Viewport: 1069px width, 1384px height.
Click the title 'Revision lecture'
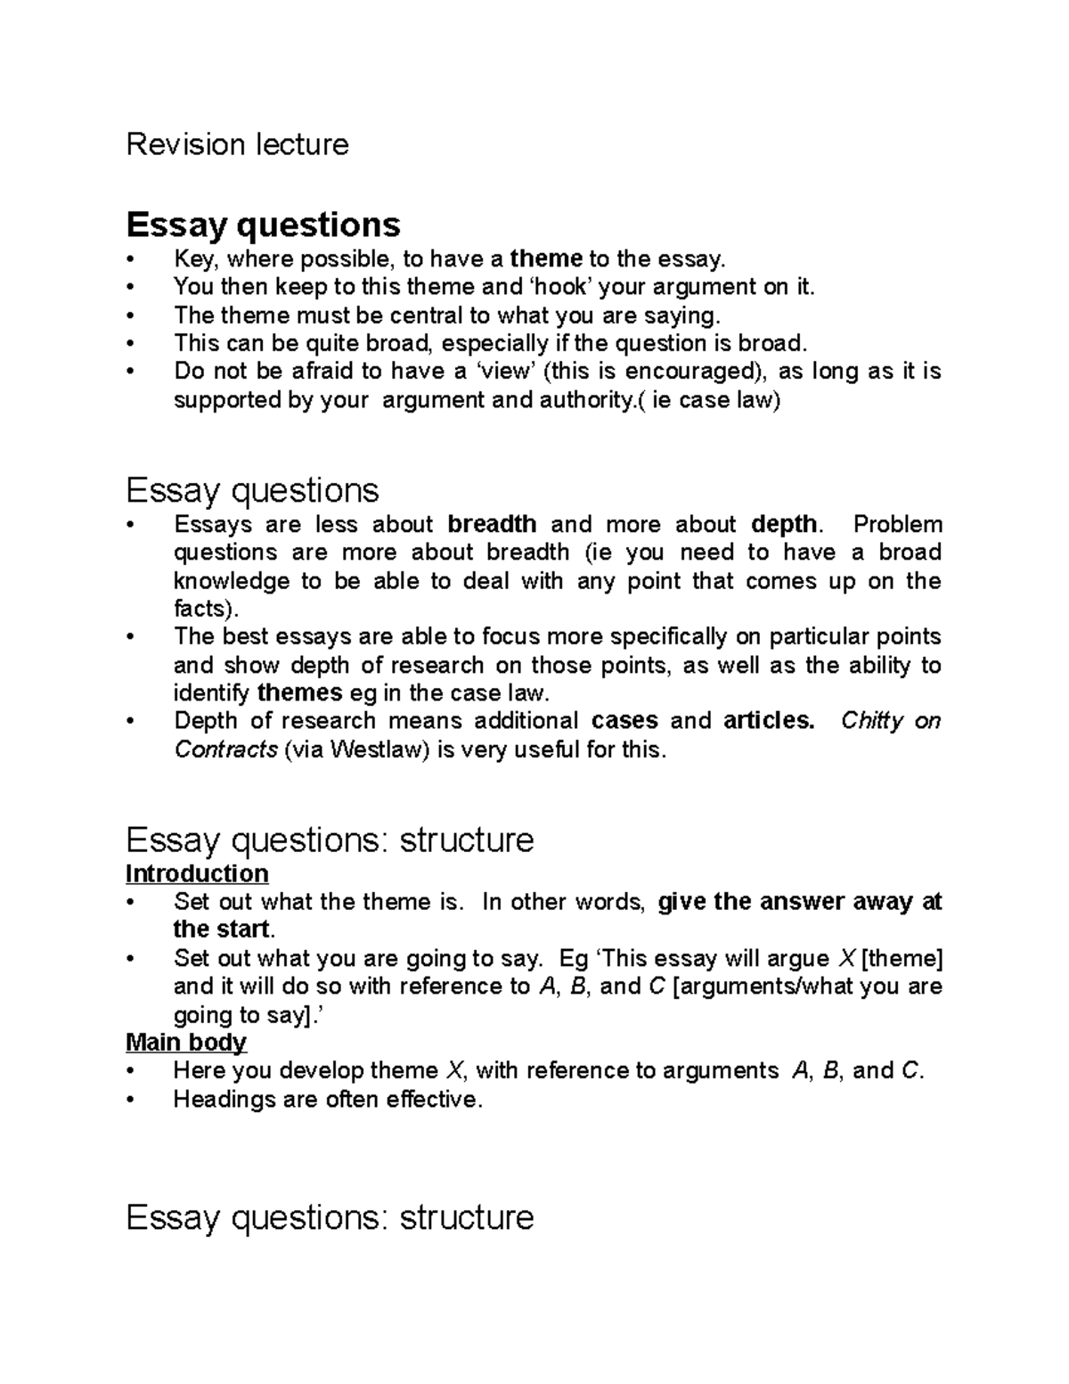(237, 144)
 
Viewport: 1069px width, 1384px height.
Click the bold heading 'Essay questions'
(263, 224)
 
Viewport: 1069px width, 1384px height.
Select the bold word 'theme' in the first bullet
(546, 259)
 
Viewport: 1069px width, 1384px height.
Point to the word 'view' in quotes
(504, 372)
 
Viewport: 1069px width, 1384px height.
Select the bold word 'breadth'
(492, 524)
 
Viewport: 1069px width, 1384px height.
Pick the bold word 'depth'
(784, 524)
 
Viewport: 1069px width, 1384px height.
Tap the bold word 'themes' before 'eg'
(299, 692)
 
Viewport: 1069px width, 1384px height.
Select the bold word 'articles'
(769, 720)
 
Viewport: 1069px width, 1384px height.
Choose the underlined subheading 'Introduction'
(197, 873)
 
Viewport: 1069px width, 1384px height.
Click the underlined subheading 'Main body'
(186, 1042)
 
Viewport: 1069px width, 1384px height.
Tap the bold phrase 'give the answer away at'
(799, 902)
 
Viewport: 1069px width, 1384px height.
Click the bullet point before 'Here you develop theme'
(132, 1071)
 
